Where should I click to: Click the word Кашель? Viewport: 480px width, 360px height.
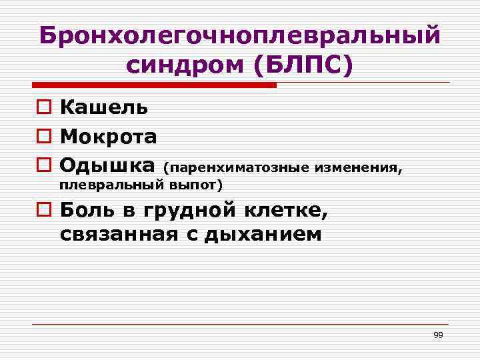(104, 107)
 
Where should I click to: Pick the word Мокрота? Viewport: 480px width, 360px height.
(109, 137)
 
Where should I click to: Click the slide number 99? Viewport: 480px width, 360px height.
(438, 335)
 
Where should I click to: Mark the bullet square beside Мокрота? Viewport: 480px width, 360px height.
(43, 137)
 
